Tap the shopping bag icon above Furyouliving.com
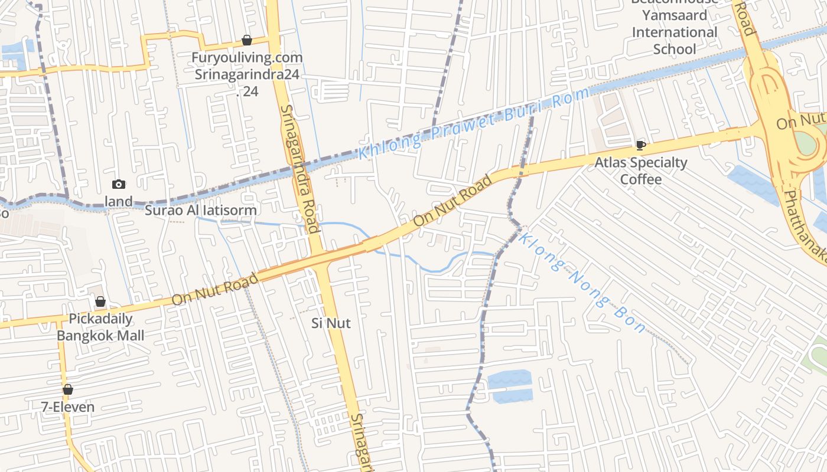247,40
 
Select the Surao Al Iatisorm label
201,210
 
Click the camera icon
119,184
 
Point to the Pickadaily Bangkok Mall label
100,327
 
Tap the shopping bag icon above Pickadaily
100,301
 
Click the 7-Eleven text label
68,407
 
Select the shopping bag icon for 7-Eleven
68,389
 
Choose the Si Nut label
331,323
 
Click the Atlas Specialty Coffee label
641,171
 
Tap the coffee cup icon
640,145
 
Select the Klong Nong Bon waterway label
582,283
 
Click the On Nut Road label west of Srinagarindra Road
215,289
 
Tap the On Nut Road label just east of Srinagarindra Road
453,201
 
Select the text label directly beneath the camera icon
119,201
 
